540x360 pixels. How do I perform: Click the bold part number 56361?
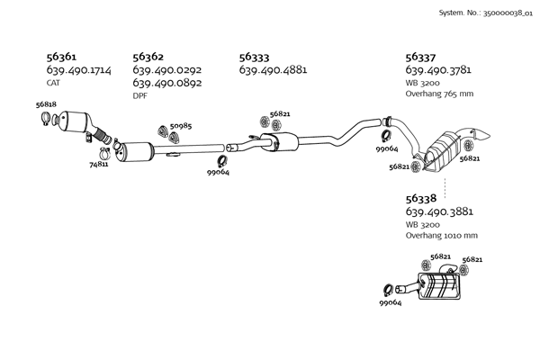pyautogui.click(x=60, y=56)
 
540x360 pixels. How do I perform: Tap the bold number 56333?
pyautogui.click(x=255, y=56)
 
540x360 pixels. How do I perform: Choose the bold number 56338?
pyautogui.click(x=421, y=198)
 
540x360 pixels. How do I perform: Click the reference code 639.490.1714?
pyautogui.click(x=78, y=69)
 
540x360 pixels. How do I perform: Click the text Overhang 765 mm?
pyautogui.click(x=439, y=94)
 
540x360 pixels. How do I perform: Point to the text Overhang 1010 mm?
pyautogui.click(x=441, y=236)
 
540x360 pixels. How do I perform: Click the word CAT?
pyautogui.click(x=53, y=82)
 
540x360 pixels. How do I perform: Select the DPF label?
pyautogui.click(x=139, y=95)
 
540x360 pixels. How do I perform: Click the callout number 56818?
pyautogui.click(x=46, y=104)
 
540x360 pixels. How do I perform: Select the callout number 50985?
pyautogui.click(x=181, y=127)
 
